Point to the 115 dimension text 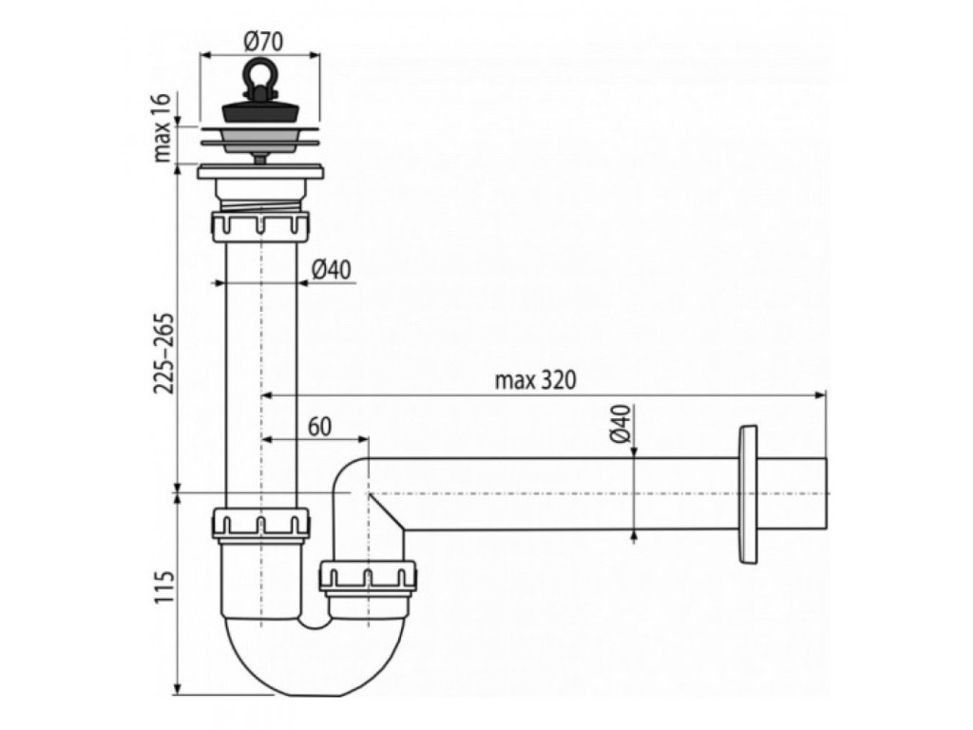[x=162, y=591]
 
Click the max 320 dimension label [x=537, y=379]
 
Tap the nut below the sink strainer [x=259, y=227]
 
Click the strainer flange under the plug [x=259, y=141]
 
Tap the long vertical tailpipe [x=259, y=371]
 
